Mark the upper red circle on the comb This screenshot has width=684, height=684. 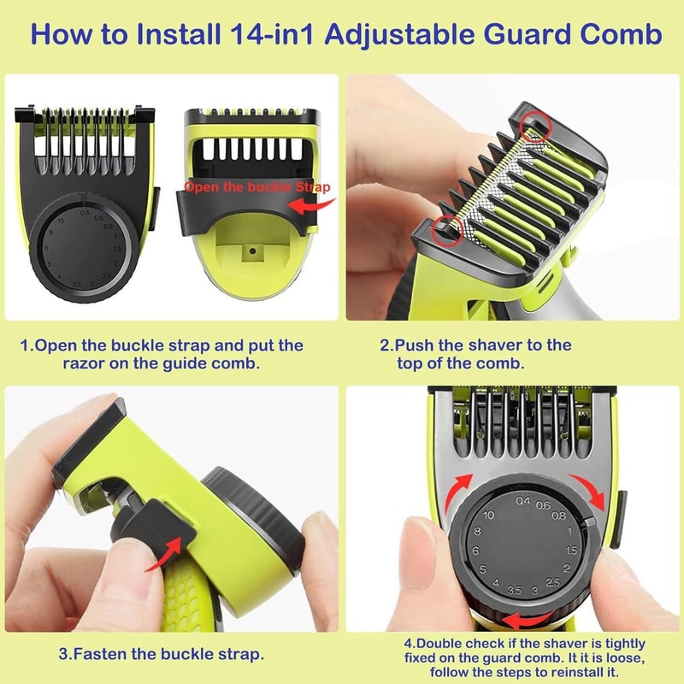pos(536,127)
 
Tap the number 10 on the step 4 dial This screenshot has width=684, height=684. pos(488,515)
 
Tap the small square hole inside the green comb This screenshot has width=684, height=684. pos(254,253)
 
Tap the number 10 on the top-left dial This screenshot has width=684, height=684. pos(61,220)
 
